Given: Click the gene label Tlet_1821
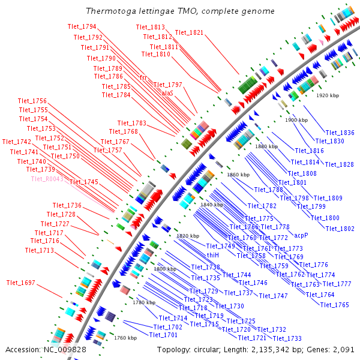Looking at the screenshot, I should (189, 32).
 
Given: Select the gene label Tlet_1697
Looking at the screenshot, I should (21, 283).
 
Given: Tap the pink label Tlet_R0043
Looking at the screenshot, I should (47, 179).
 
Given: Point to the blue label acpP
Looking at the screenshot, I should (301, 235).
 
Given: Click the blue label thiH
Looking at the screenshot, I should (213, 255).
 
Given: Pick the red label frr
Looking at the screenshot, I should (143, 78).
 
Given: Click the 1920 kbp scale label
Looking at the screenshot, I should (328, 95).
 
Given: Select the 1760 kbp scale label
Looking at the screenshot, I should (125, 338).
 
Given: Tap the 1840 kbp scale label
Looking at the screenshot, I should (212, 205).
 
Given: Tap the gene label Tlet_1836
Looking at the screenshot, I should (340, 133).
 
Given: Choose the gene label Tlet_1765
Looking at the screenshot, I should (334, 305).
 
